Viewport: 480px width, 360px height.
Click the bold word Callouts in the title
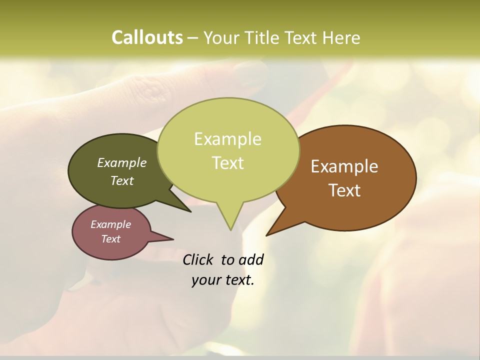point(147,37)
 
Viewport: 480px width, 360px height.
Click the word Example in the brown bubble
point(344,166)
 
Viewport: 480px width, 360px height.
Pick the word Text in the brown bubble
point(344,190)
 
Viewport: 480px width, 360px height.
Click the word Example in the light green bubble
point(227,139)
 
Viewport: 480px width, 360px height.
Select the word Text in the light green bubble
point(228,163)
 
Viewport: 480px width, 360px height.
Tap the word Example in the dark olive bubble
point(122,163)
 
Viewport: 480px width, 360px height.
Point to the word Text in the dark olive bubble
point(122,181)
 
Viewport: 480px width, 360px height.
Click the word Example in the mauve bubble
point(110,224)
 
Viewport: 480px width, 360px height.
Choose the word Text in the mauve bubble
point(110,239)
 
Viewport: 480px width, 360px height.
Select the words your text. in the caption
point(223,280)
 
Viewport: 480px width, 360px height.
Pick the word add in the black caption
point(251,260)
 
